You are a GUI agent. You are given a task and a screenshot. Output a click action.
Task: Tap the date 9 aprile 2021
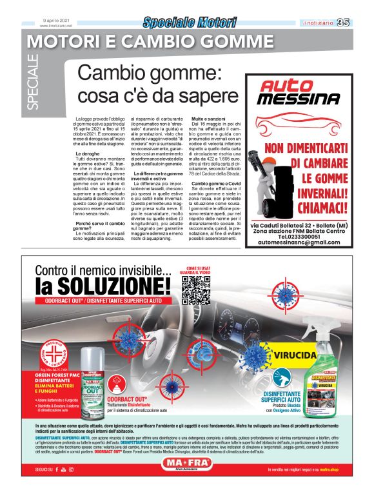tap(56, 20)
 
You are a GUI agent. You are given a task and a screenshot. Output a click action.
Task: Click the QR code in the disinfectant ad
tap(197, 290)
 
